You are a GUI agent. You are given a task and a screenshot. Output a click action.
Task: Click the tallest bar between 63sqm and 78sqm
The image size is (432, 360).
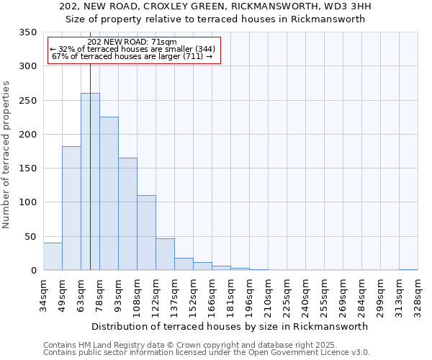click(x=90, y=181)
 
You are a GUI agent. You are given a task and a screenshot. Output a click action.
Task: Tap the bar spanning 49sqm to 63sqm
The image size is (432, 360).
click(x=71, y=208)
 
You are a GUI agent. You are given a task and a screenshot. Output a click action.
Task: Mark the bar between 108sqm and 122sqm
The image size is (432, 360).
click(x=146, y=233)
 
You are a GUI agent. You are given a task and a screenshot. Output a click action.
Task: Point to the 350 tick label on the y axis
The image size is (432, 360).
click(x=27, y=32)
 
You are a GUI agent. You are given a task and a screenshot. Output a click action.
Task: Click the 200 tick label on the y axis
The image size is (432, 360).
click(x=27, y=135)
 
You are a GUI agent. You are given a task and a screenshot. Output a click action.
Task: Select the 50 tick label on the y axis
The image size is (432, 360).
click(x=30, y=237)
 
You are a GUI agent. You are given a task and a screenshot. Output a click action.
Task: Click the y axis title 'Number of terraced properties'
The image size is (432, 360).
click(x=7, y=155)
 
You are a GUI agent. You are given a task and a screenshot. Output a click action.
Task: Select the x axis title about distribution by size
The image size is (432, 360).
click(x=230, y=326)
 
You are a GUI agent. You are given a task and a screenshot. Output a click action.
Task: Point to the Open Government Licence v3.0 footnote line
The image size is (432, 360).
click(x=207, y=353)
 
